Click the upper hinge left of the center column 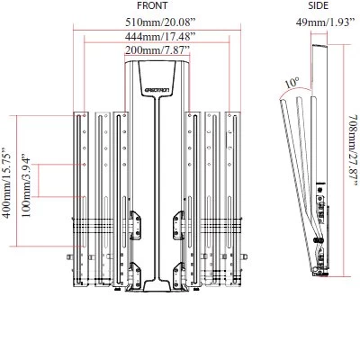135,222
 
